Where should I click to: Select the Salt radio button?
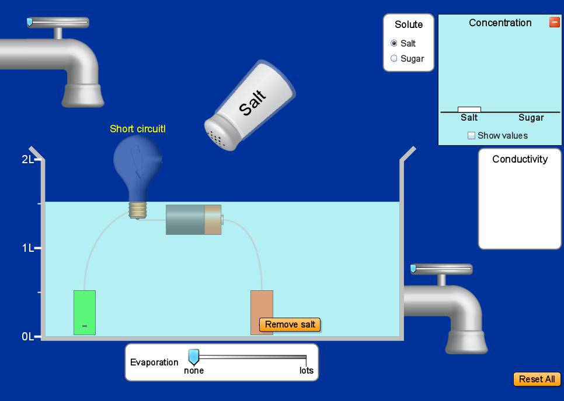394,43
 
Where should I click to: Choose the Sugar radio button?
394,58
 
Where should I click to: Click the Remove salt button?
290,325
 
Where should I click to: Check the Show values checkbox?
471,135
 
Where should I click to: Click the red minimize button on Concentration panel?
554,22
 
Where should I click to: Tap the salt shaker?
250,105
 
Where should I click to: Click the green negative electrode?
85,312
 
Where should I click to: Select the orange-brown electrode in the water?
262,312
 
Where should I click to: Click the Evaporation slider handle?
193,357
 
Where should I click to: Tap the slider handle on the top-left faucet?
30,22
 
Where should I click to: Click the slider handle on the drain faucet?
413,269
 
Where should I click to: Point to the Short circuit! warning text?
138,129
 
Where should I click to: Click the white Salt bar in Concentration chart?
469,109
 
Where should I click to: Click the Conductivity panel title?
520,159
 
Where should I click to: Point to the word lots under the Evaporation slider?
307,371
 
